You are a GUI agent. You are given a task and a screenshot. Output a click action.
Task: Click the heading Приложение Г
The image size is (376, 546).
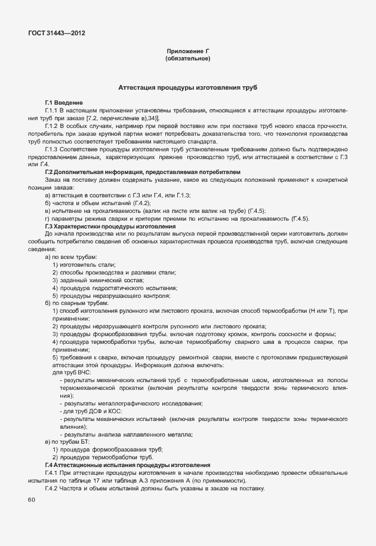(x=187, y=52)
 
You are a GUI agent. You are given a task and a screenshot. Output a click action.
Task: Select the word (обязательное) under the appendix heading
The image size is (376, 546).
(x=187, y=59)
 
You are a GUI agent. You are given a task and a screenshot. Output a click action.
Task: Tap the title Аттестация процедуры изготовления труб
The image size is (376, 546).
(x=187, y=87)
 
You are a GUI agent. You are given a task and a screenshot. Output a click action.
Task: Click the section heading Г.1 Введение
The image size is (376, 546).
(x=64, y=103)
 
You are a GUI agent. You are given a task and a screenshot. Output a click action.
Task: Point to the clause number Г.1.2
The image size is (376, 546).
(x=54, y=126)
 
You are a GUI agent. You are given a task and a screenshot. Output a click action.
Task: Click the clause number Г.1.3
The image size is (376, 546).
(x=54, y=149)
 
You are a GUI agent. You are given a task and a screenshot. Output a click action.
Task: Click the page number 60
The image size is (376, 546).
(x=32, y=499)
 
